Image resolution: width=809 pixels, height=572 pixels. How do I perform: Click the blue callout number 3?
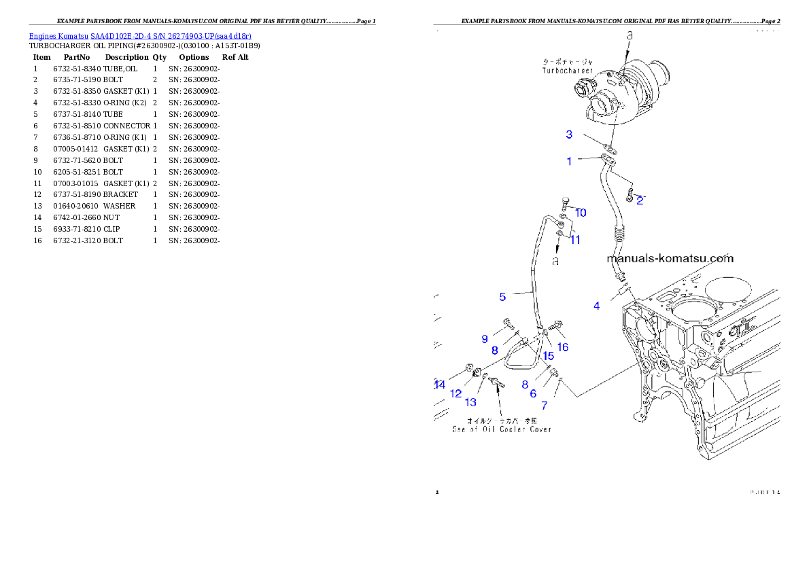pos(570,135)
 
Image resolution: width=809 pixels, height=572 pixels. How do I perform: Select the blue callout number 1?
pos(570,161)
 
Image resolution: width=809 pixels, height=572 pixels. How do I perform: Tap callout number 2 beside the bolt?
pos(640,200)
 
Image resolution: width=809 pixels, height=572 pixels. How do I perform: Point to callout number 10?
pos(581,213)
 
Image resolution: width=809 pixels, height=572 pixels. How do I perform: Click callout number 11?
pos(575,239)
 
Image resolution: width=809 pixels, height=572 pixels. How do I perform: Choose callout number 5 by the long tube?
pos(502,297)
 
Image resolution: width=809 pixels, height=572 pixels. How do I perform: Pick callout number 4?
pos(597,306)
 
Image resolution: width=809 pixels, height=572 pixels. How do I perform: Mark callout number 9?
pos(485,338)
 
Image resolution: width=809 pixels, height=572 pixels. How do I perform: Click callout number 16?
pos(563,347)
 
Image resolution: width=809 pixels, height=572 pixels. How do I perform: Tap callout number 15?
pos(548,355)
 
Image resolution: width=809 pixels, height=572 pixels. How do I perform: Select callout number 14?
pos(440,385)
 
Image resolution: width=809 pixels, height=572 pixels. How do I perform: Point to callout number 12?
pos(456,393)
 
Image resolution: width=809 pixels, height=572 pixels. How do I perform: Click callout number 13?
pos(470,402)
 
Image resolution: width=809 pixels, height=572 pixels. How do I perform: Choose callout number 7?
pos(545,406)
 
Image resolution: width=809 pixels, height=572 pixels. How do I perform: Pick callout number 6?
pos(533,393)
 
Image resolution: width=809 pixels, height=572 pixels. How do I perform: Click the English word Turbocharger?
pos(567,71)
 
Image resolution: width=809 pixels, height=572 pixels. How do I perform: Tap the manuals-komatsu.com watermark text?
pos(670,259)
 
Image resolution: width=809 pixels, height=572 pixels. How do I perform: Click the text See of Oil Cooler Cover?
pos(502,429)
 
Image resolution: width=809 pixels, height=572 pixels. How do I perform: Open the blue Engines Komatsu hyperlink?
pos(140,36)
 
